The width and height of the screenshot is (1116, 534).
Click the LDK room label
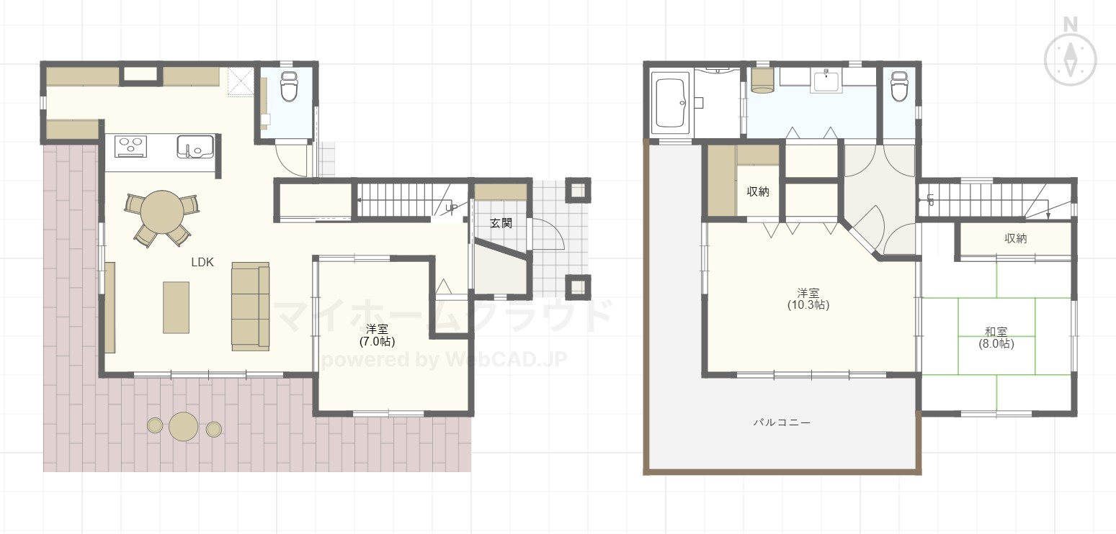click(x=202, y=262)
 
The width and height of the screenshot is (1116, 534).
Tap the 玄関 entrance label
click(x=501, y=223)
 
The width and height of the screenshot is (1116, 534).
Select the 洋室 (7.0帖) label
click(x=377, y=335)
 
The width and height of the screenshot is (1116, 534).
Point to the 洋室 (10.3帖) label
click(x=808, y=299)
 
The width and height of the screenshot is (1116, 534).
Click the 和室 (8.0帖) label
click(x=996, y=338)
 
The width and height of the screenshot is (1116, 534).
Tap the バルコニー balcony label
click(x=782, y=422)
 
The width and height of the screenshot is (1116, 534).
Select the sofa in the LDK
click(x=250, y=306)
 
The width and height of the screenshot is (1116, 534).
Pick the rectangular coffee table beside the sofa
click(x=177, y=307)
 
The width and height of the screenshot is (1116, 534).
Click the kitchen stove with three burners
click(x=131, y=146)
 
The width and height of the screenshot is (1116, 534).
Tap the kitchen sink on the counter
click(x=195, y=146)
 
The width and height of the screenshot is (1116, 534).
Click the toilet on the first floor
click(x=288, y=86)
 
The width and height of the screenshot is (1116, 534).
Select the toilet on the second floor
click(x=899, y=86)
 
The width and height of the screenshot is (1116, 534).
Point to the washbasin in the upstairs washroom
click(x=826, y=81)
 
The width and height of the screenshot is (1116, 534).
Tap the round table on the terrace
click(x=183, y=427)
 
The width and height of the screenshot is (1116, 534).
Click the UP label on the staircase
click(x=451, y=208)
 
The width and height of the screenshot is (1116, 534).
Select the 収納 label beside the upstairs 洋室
click(x=758, y=191)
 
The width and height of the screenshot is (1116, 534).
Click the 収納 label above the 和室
click(x=1015, y=238)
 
